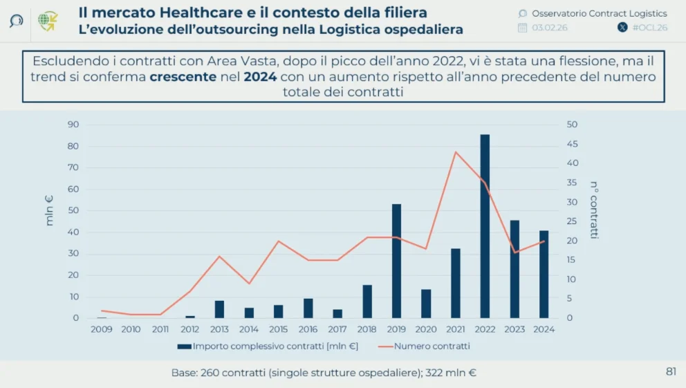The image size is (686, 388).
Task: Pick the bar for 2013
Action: pyautogui.click(x=219, y=309)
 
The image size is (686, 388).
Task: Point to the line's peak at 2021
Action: pyautogui.click(x=455, y=151)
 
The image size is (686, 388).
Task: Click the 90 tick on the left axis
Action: pyautogui.click(x=73, y=124)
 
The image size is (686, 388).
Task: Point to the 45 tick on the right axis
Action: pyautogui.click(x=572, y=144)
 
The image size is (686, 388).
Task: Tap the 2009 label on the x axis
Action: pyautogui.click(x=102, y=329)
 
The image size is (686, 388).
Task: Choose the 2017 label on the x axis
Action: pyautogui.click(x=337, y=329)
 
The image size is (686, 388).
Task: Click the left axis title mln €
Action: pyautogui.click(x=49, y=211)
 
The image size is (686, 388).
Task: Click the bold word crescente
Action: pyautogui.click(x=183, y=77)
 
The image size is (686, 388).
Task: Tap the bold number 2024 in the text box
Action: pyautogui.click(x=260, y=77)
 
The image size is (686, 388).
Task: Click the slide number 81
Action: pyautogui.click(x=671, y=372)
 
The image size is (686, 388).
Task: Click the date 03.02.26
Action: pyautogui.click(x=550, y=28)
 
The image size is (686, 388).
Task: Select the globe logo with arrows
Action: pyautogui.click(x=48, y=21)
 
